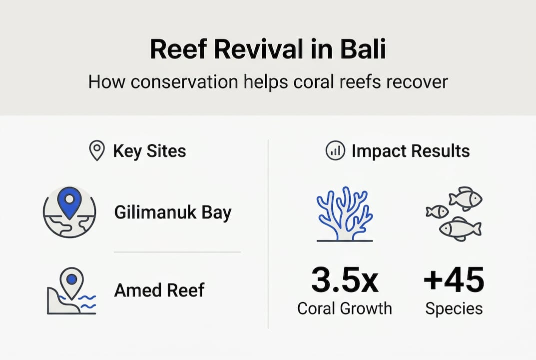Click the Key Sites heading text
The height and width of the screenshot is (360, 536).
point(149,150)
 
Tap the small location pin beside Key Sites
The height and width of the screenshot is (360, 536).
point(96,150)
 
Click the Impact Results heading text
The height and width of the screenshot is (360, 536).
point(410,150)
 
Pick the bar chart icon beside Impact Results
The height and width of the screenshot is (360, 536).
point(335,150)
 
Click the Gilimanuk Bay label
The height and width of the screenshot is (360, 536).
point(172,213)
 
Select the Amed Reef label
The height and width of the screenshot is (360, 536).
point(159,290)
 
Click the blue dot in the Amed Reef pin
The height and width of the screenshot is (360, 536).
point(72,278)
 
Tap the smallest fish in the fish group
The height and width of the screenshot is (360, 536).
point(437,212)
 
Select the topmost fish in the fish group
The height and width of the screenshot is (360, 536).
point(465,198)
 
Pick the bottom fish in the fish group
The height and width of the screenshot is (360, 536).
point(460,228)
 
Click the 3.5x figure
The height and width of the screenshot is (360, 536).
point(344,281)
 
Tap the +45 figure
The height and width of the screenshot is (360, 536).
point(454,281)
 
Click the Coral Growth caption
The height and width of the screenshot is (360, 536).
point(344,308)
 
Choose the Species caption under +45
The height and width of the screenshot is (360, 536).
point(454,308)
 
